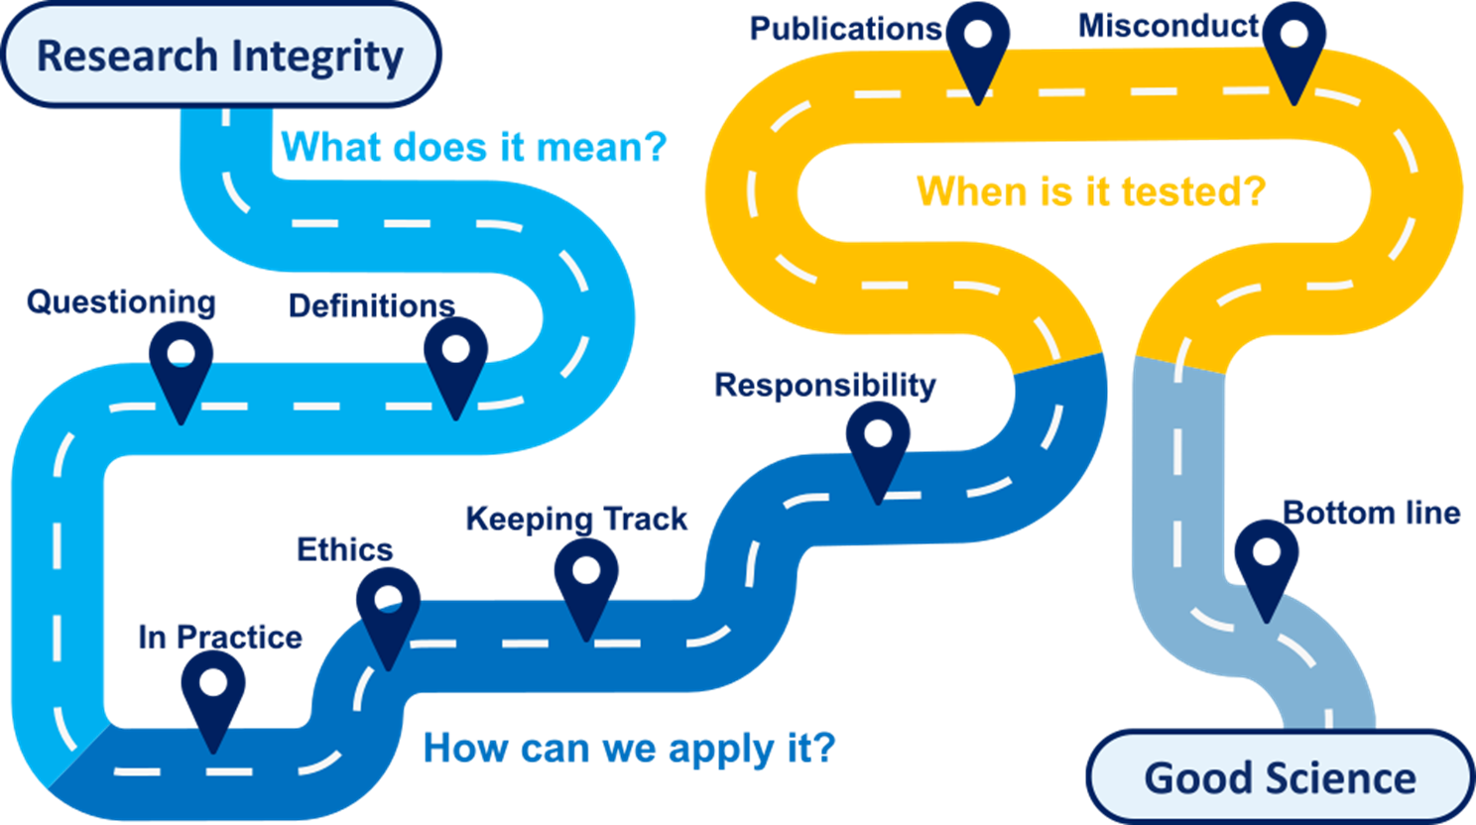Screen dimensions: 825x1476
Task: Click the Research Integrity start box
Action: (220, 56)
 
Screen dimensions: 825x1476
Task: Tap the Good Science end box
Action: (1280, 777)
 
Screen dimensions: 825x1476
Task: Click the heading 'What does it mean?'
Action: (474, 148)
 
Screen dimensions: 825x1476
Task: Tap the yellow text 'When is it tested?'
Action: (1090, 190)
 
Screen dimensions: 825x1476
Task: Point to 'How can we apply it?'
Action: (629, 748)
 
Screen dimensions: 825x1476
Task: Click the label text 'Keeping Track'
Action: (576, 518)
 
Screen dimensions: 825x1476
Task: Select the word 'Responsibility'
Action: (824, 385)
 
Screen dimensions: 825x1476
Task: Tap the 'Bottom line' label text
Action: (1371, 512)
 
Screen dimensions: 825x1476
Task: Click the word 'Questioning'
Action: (121, 301)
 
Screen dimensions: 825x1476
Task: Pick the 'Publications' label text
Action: (845, 29)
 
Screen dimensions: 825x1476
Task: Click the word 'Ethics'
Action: (344, 548)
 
